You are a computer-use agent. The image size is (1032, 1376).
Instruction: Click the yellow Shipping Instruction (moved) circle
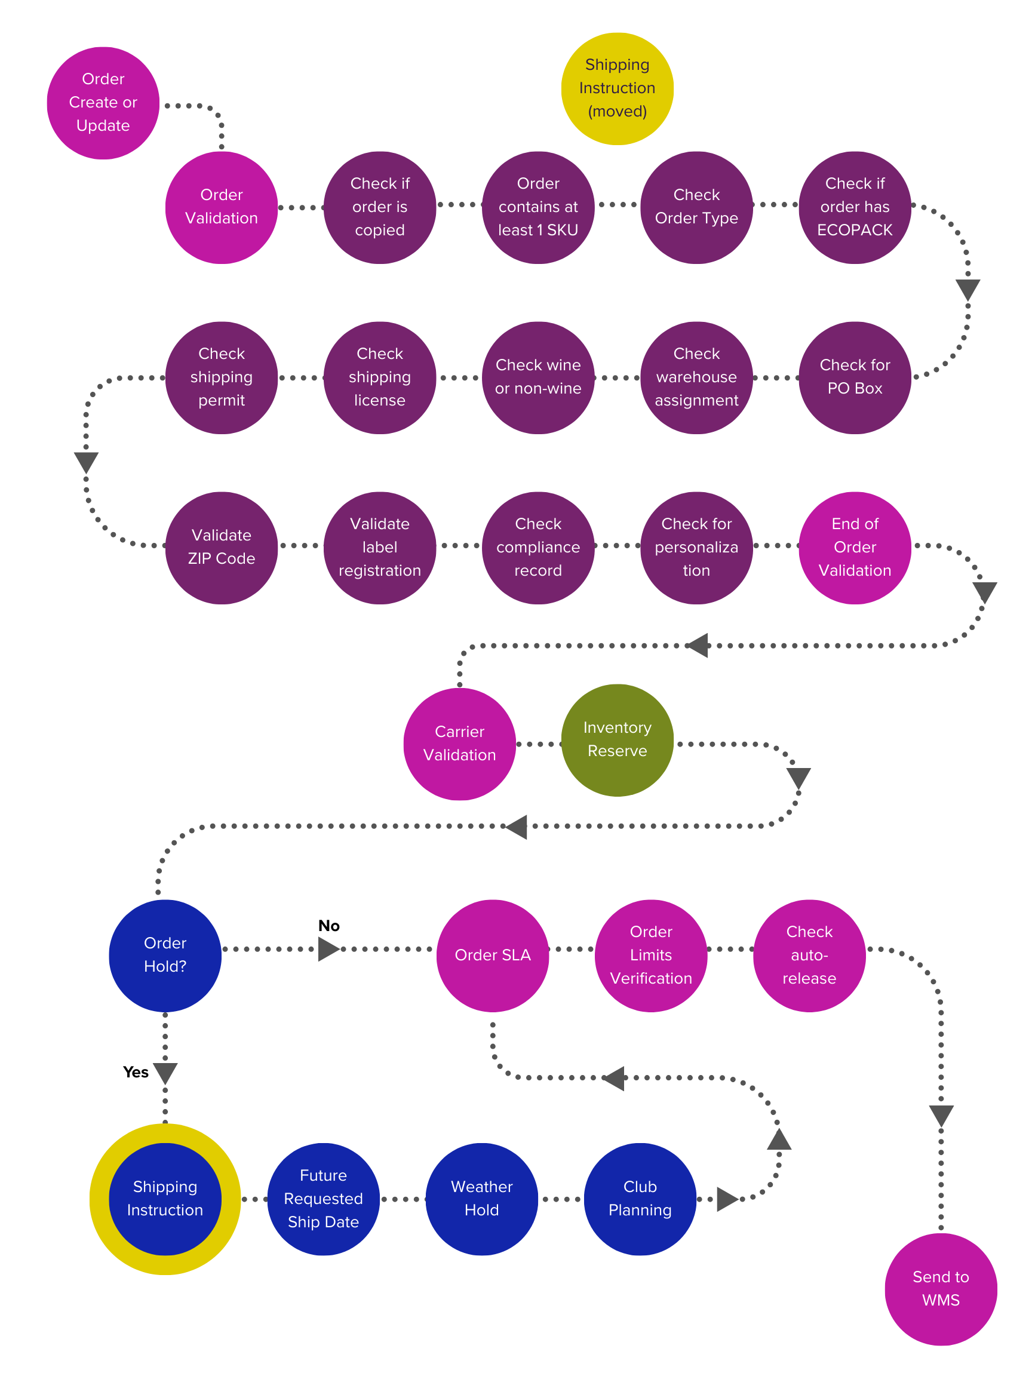[616, 88]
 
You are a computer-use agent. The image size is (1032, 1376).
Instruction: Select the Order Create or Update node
[103, 103]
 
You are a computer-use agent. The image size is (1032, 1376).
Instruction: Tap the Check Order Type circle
[696, 207]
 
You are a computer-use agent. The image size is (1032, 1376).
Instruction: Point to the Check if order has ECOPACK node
[854, 207]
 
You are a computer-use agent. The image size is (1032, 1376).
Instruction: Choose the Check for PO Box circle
[854, 377]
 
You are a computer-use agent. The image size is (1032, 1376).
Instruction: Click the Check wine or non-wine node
[537, 377]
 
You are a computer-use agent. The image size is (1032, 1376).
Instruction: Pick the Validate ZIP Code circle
[222, 548]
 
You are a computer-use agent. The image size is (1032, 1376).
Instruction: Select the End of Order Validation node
[854, 548]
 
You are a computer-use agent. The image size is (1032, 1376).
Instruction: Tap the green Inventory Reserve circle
[616, 739]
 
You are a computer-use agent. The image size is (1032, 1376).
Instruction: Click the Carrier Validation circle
[459, 744]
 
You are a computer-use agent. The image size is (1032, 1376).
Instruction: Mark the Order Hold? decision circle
[165, 955]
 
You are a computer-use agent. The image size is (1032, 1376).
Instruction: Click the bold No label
[328, 925]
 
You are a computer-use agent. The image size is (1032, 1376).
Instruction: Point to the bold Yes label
[136, 1071]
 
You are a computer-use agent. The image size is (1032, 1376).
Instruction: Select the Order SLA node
[492, 955]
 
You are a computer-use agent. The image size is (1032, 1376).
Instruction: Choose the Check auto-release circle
[809, 955]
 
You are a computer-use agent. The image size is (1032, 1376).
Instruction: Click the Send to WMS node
[940, 1288]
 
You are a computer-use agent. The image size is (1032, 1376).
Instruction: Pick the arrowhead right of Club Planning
[727, 1199]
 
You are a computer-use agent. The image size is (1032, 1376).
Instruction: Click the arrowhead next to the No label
[328, 948]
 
